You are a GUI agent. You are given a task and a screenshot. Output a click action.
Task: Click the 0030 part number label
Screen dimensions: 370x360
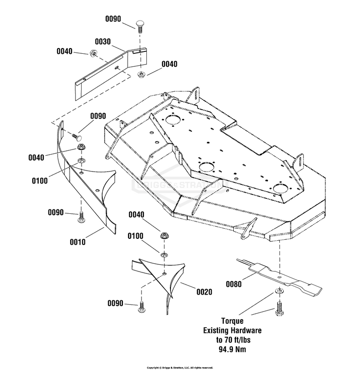(103, 42)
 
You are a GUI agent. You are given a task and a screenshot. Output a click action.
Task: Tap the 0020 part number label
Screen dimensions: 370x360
(204, 291)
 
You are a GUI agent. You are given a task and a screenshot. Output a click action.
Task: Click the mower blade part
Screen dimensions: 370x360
(278, 276)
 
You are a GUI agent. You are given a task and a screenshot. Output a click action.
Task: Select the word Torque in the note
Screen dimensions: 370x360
(232, 321)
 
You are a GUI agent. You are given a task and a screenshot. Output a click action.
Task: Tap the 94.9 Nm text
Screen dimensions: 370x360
(232, 349)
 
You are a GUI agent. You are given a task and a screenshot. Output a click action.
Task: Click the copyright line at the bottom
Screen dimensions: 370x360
(180, 367)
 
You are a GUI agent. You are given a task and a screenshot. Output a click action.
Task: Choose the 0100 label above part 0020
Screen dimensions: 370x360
(136, 236)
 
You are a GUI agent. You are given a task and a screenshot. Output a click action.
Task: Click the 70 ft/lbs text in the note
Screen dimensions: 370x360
(232, 340)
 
